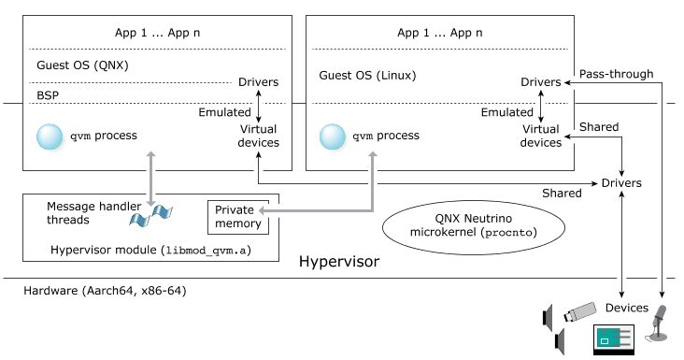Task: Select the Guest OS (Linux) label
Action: pos(367,75)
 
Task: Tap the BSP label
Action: pos(47,95)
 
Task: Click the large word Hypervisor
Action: pos(339,262)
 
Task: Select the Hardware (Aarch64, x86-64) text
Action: pos(105,292)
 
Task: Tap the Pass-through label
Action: pos(617,74)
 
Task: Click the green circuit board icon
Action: pos(613,338)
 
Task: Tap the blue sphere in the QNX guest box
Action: pos(49,137)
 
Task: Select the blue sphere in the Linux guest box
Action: pos(333,137)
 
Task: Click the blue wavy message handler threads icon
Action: pos(151,216)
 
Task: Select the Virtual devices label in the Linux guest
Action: pos(541,136)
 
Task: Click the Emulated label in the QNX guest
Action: pos(224,111)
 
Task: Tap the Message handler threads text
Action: pos(84,213)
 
